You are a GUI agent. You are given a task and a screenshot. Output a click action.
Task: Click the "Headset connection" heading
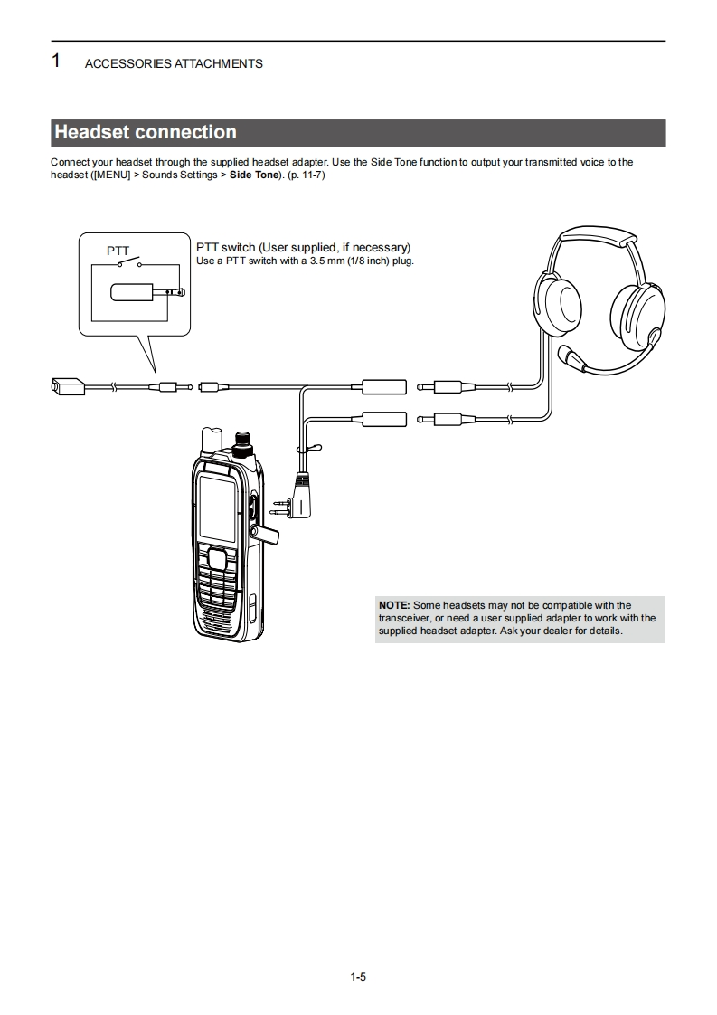click(x=146, y=132)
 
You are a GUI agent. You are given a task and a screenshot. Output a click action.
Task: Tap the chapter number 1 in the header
click(x=56, y=62)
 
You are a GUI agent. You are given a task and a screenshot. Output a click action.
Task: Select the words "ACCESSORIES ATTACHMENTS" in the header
click(x=174, y=63)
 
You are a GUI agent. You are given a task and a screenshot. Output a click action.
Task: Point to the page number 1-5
click(x=358, y=976)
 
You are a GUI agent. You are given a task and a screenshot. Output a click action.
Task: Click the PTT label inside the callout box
click(x=118, y=251)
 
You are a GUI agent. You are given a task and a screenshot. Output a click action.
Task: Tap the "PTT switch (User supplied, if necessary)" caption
click(x=304, y=247)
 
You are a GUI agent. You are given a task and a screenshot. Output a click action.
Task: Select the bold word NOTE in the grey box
click(x=394, y=605)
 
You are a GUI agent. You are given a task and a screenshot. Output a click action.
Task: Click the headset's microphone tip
click(x=567, y=354)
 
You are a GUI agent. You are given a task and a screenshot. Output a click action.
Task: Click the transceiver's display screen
click(x=218, y=508)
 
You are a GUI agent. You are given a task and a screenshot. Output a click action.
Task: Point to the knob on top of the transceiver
click(x=241, y=445)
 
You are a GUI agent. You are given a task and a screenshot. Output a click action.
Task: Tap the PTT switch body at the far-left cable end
click(x=67, y=386)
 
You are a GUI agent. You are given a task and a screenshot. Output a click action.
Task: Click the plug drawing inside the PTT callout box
click(x=145, y=293)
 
